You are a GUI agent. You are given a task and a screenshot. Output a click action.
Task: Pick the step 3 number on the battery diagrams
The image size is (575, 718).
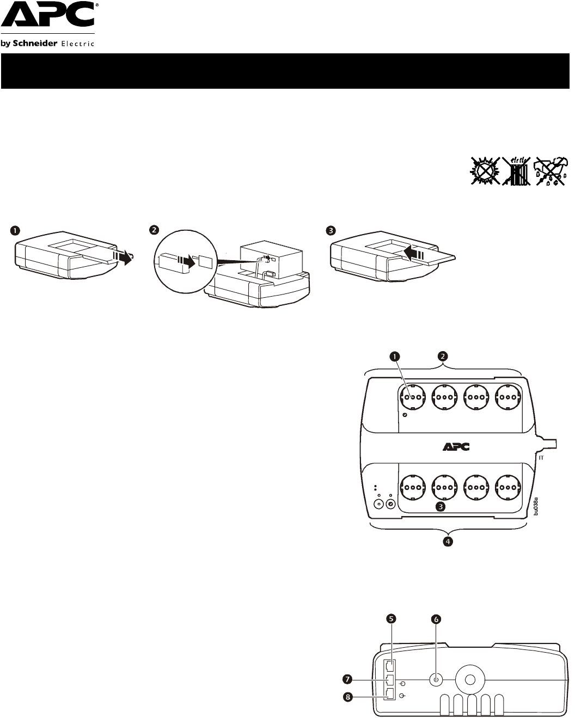pyautogui.click(x=330, y=231)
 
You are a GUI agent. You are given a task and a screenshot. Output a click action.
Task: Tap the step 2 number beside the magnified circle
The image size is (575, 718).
pyautogui.click(x=155, y=231)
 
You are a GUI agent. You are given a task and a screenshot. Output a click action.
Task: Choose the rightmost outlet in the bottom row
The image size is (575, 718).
pyautogui.click(x=507, y=485)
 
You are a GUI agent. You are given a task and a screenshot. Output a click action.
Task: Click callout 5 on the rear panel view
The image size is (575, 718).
pyautogui.click(x=391, y=618)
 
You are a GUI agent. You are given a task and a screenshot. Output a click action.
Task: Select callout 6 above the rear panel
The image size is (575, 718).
pyautogui.click(x=436, y=619)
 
